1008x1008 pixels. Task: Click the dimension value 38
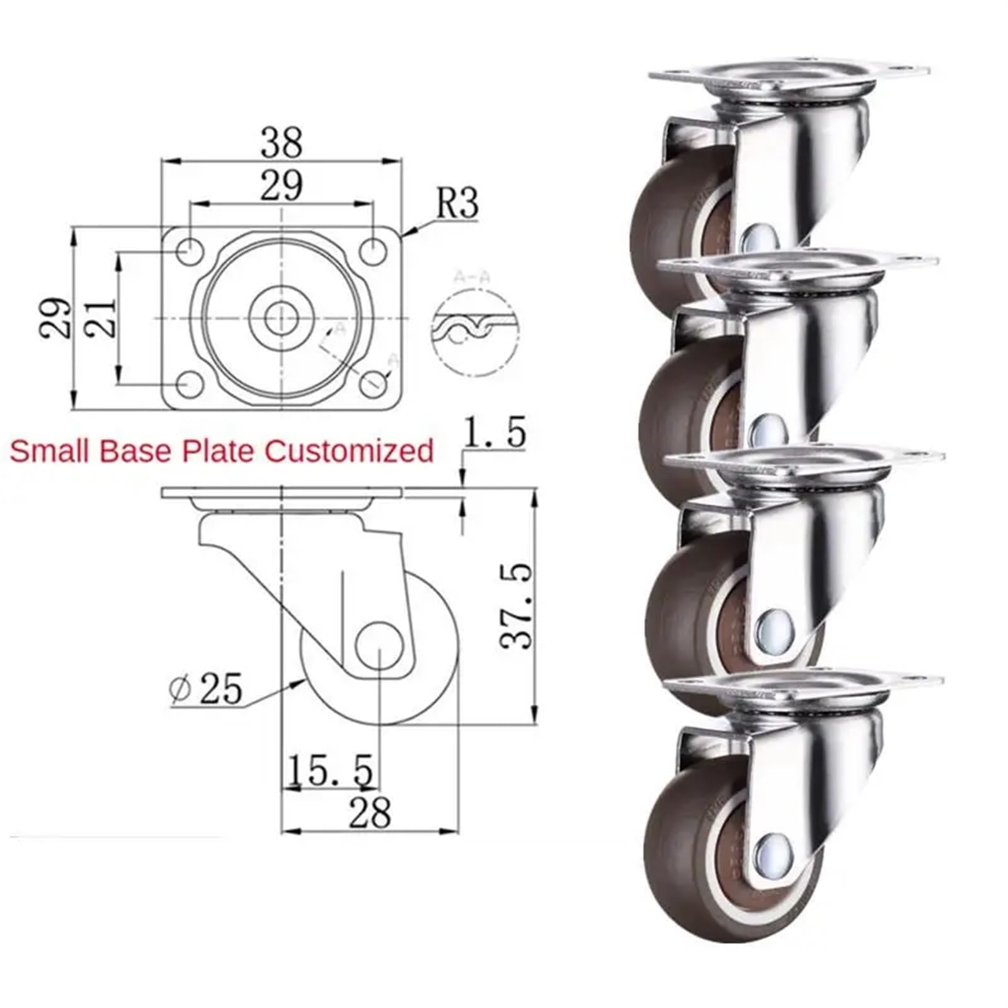(282, 142)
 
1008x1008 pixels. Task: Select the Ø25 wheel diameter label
(207, 689)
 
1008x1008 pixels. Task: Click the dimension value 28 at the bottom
(370, 813)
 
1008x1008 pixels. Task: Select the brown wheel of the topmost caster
(674, 214)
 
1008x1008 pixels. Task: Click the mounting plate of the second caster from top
(800, 265)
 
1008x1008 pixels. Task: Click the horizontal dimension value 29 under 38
(282, 186)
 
